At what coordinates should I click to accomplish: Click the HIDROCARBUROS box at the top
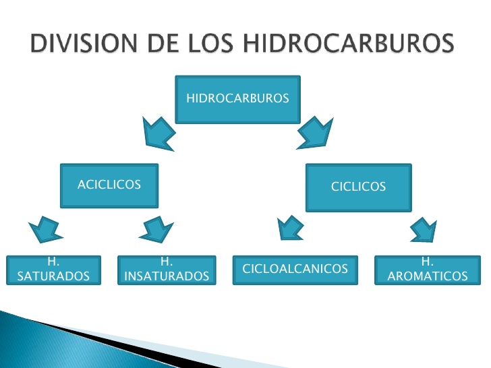pyautogui.click(x=237, y=98)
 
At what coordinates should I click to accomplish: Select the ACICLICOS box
pyautogui.click(x=109, y=185)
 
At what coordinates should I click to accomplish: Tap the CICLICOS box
pyautogui.click(x=358, y=186)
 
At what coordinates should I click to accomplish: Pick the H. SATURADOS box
pyautogui.click(x=53, y=270)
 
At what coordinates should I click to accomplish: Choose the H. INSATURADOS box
pyautogui.click(x=167, y=270)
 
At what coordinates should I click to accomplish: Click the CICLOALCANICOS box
pyautogui.click(x=295, y=270)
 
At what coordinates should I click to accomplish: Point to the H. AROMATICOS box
pyautogui.click(x=427, y=270)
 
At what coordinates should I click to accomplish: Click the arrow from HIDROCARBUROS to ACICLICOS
pyautogui.click(x=158, y=133)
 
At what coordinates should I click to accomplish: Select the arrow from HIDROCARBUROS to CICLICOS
pyautogui.click(x=315, y=131)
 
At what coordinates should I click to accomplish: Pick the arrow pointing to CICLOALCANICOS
pyautogui.click(x=291, y=228)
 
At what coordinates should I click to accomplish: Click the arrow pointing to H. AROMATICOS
pyautogui.click(x=424, y=229)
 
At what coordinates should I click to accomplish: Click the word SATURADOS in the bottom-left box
pyautogui.click(x=53, y=276)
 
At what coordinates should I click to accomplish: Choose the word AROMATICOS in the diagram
pyautogui.click(x=427, y=276)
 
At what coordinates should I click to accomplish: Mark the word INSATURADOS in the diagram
pyautogui.click(x=167, y=276)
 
